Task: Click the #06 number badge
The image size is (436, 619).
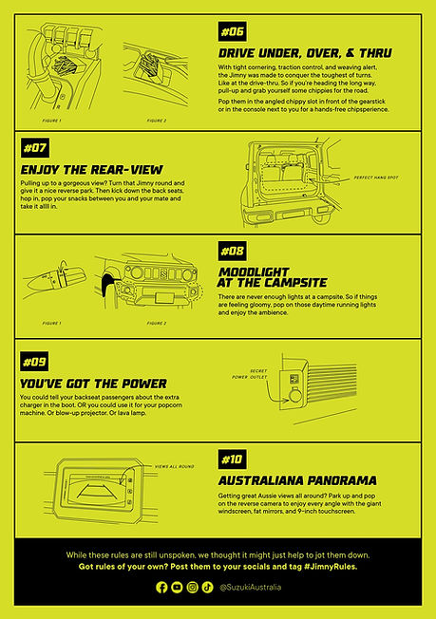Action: (x=233, y=30)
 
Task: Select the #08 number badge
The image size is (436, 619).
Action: (x=233, y=251)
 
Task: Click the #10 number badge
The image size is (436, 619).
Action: (x=233, y=460)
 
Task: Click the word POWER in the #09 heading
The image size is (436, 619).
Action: (x=140, y=384)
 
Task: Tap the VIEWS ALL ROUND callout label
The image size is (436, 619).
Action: (x=174, y=467)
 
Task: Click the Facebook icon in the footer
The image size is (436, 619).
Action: (x=161, y=588)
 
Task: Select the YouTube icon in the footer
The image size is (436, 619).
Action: (x=177, y=588)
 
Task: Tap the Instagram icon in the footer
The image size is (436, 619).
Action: (x=193, y=588)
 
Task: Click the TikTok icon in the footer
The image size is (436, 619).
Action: (x=208, y=588)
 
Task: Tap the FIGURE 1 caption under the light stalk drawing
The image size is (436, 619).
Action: (x=45, y=323)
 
